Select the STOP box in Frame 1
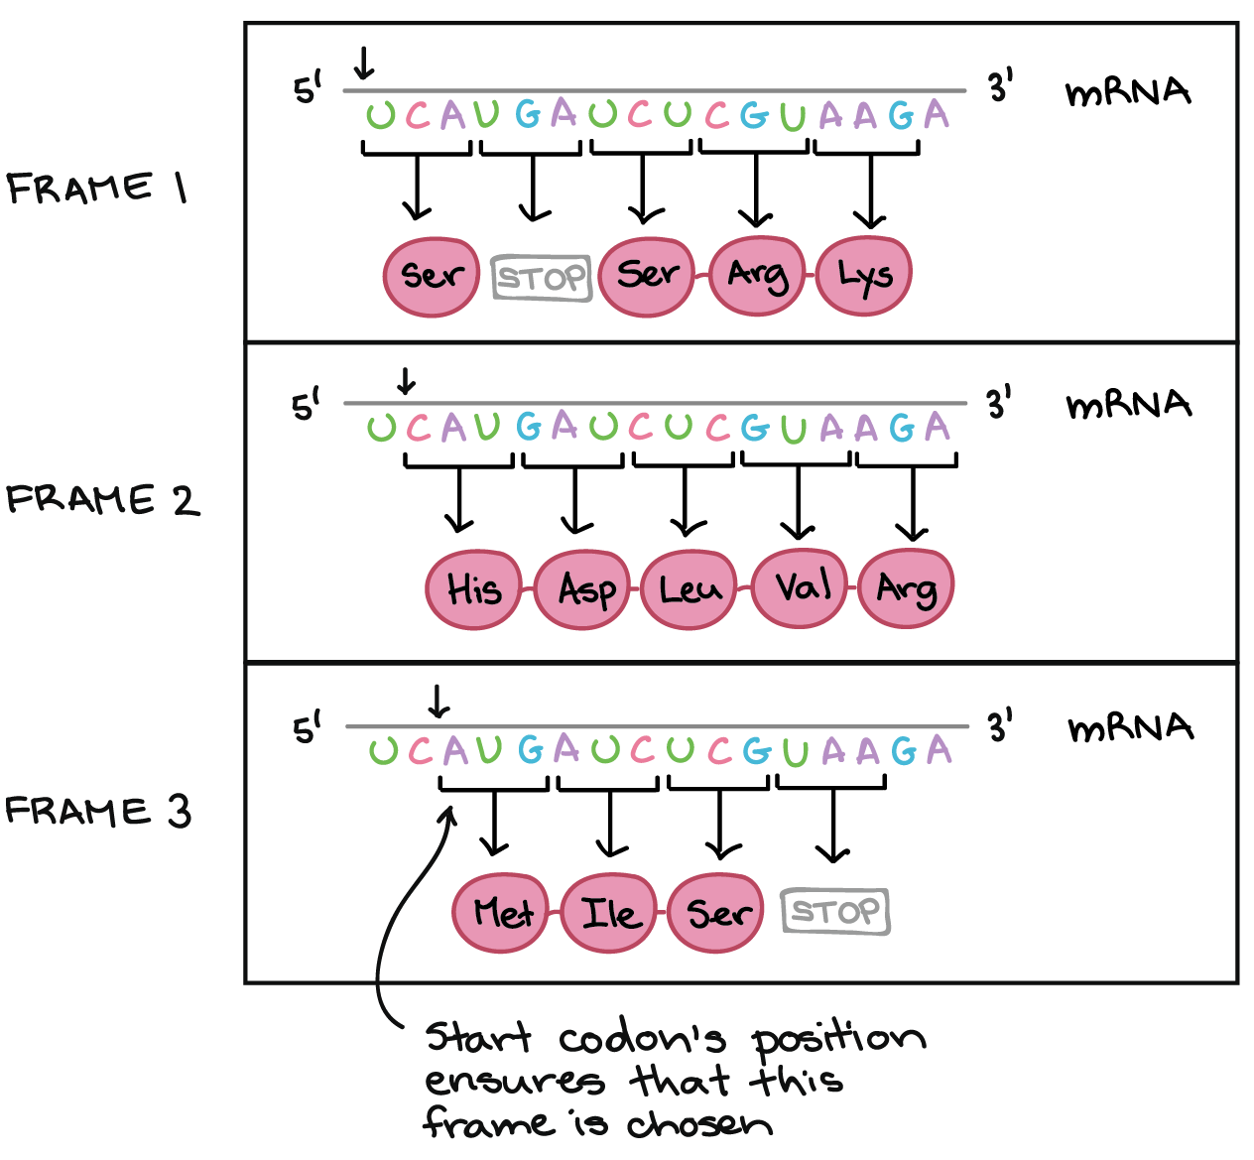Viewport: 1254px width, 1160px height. pos(542,278)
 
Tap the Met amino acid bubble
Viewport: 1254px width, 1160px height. pos(500,913)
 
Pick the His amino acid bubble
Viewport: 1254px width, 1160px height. pos(473,589)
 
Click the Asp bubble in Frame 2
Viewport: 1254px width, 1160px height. pos(581,589)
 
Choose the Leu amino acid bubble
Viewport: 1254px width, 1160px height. pos(690,589)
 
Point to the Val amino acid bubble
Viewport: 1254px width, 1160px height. pos(801,587)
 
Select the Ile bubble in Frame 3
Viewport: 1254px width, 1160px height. pos(608,913)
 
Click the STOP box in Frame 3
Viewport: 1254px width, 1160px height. pos(835,911)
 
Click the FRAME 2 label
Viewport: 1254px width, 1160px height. pos(101,499)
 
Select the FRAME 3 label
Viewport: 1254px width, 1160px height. pos(97,811)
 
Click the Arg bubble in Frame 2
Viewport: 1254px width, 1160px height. pos(906,589)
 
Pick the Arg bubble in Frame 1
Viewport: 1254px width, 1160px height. pos(757,276)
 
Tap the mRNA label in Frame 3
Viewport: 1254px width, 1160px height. pos(1130,728)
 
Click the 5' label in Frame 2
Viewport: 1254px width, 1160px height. pos(306,405)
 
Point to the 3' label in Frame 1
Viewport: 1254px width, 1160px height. pos(999,87)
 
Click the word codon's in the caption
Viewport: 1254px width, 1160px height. pos(642,1039)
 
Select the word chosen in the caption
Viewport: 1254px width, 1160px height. pos(698,1124)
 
